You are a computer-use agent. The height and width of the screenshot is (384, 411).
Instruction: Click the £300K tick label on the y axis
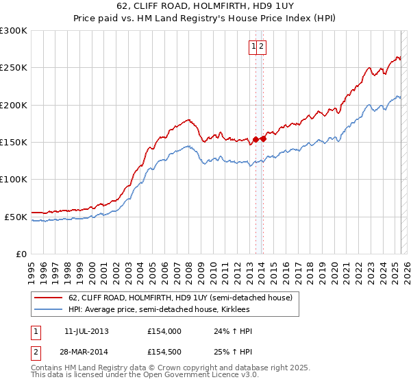tap(14, 31)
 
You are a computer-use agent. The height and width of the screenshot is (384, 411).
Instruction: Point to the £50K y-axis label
tap(16, 217)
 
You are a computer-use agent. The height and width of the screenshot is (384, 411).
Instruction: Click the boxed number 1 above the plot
tap(254, 47)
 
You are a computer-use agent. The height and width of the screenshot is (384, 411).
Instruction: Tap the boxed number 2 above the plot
tap(262, 47)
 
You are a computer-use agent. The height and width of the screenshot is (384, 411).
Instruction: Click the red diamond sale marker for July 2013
tap(256, 139)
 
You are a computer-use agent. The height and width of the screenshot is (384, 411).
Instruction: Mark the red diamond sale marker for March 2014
tap(264, 139)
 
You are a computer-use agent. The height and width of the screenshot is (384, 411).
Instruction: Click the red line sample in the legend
tap(48, 298)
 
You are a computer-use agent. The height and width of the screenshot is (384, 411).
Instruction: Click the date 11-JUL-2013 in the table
tap(86, 331)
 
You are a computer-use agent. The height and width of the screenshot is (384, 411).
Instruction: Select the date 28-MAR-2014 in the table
tap(86, 353)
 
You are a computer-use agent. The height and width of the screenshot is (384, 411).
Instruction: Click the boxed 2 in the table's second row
tap(35, 353)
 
